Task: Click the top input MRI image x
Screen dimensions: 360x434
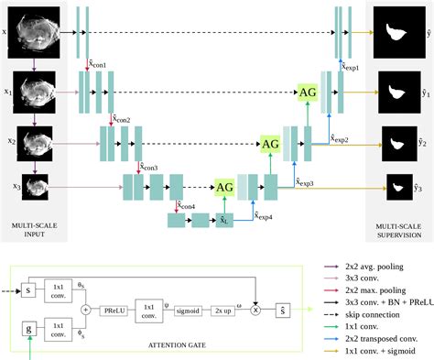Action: [x=37, y=32]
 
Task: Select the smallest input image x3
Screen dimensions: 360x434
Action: [x=36, y=187]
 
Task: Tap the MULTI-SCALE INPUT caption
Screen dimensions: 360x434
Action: [x=36, y=225]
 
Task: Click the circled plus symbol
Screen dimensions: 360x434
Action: [x=84, y=310]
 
